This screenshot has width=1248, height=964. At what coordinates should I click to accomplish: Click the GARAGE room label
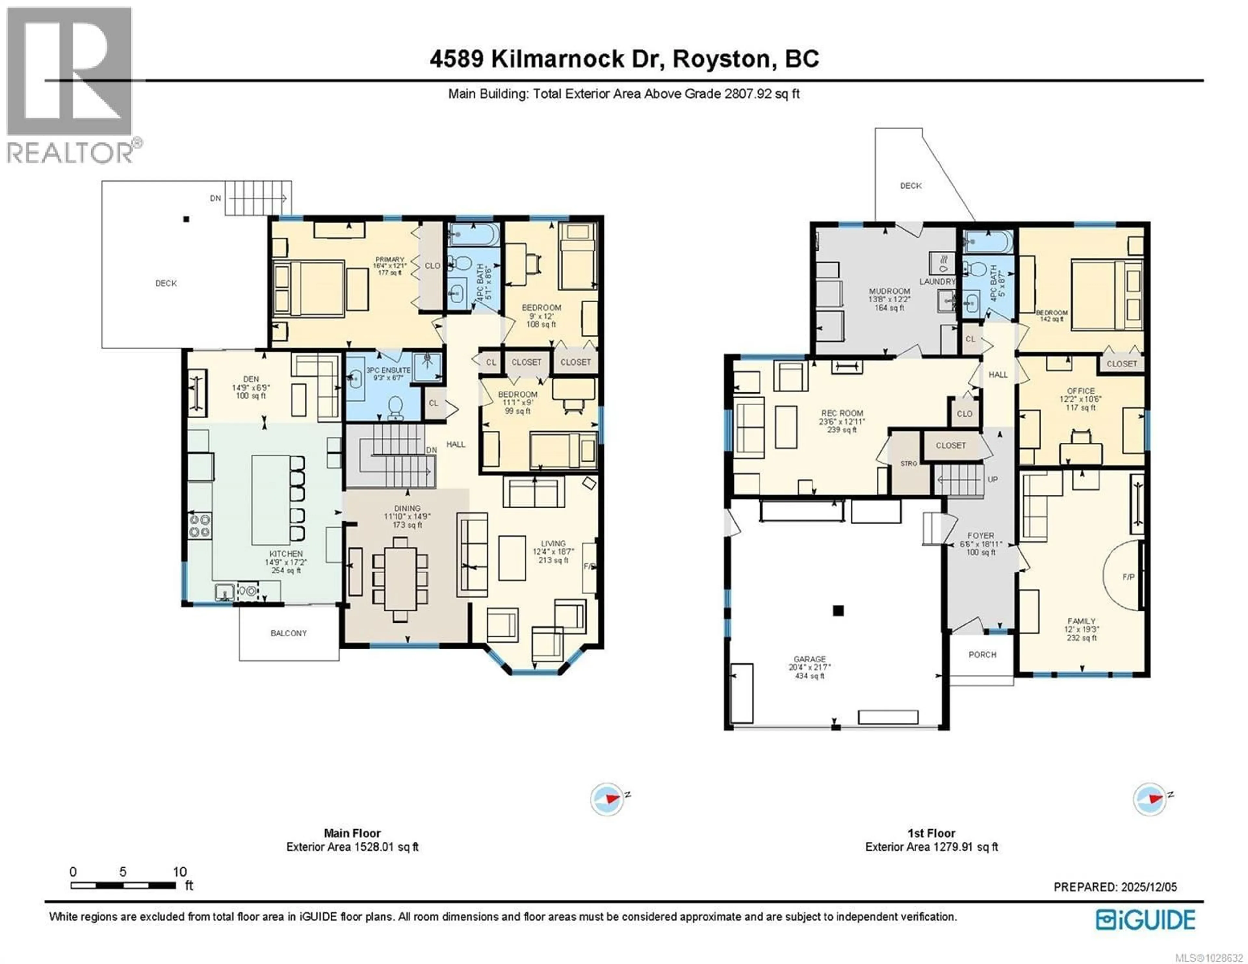point(809,659)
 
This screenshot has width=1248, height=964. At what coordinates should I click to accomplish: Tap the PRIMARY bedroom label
point(390,259)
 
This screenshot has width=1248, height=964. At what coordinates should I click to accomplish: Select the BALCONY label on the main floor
point(289,633)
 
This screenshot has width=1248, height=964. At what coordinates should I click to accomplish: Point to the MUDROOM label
point(889,291)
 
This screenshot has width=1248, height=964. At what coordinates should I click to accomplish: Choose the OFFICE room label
point(1081,391)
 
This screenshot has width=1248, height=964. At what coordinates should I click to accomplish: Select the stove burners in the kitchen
point(200,526)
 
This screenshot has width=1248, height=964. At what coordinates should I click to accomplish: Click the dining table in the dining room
point(401,578)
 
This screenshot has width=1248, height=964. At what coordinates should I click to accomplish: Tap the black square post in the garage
point(838,611)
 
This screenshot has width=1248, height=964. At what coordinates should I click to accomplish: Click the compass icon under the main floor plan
point(607,799)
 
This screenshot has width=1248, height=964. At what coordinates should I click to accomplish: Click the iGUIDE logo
point(1145,919)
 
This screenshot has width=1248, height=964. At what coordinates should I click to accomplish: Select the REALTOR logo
point(70,86)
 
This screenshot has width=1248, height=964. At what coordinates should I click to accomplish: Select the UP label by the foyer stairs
point(993,480)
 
